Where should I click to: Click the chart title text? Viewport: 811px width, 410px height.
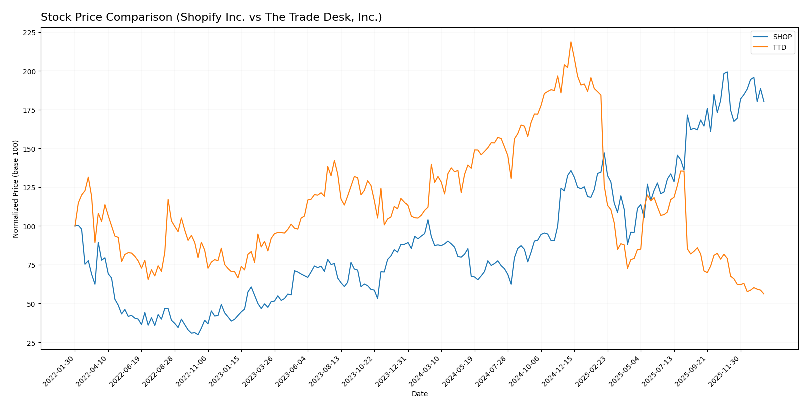[x=211, y=17]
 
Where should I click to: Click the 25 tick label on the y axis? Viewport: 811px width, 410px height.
[x=32, y=343]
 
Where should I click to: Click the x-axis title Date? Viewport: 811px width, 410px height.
[x=419, y=394]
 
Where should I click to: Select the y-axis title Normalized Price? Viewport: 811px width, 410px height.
[x=16, y=189]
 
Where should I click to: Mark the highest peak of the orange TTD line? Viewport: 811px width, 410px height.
[x=571, y=42]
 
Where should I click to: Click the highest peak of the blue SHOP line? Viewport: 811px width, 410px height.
[x=727, y=72]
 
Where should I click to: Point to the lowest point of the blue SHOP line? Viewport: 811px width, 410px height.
[x=198, y=335]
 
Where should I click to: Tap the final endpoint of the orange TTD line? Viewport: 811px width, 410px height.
[x=764, y=294]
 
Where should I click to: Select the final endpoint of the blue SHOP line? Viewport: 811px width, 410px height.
[x=764, y=101]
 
